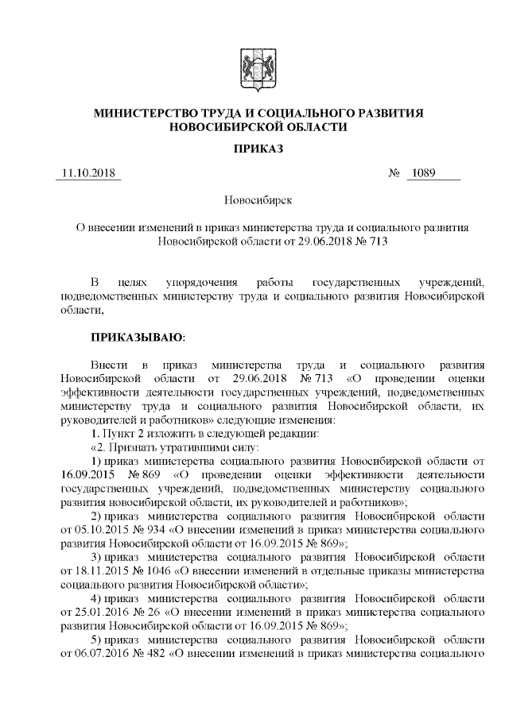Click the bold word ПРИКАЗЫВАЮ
[x=137, y=337]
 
